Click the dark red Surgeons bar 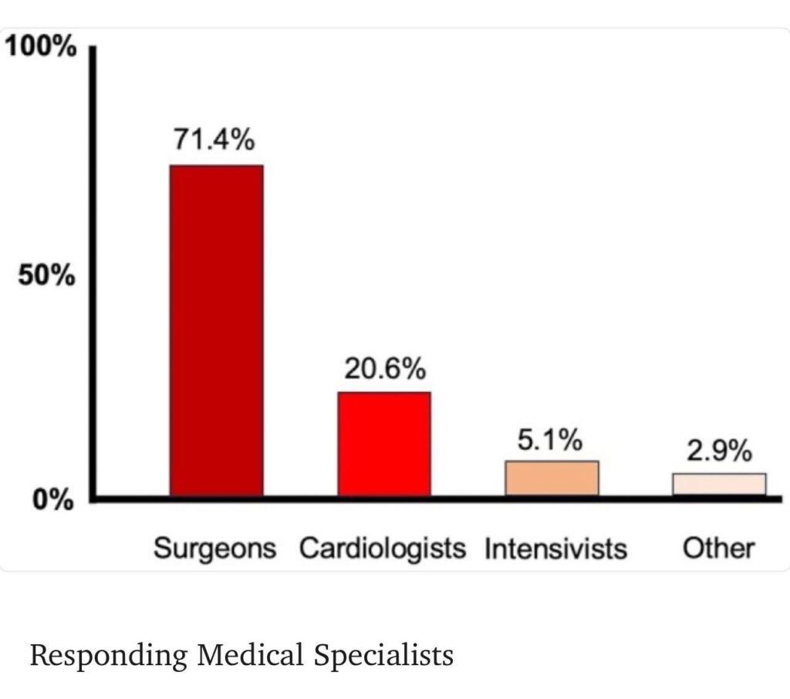pos(217,330)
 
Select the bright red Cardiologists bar pos(384,444)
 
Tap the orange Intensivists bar pos(552,478)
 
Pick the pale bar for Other pos(719,484)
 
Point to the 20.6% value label pos(384,369)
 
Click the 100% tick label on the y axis pos(42,48)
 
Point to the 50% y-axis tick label pos(48,276)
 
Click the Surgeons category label pos(214,549)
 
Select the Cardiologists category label pos(383,549)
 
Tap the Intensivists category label pos(555,549)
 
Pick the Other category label pos(718,549)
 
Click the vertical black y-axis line pos(92,270)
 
